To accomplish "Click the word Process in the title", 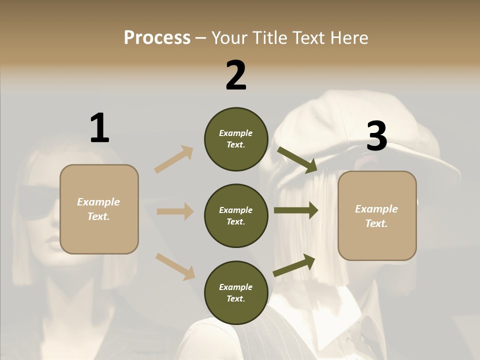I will tap(157, 38).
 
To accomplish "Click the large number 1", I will tap(99, 128).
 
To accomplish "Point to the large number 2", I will tap(236, 75).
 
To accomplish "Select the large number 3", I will tap(376, 136).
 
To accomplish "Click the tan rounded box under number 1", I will tap(99, 209).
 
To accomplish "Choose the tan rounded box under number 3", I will tap(377, 216).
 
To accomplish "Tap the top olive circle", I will tap(236, 139).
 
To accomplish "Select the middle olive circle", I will tap(236, 216).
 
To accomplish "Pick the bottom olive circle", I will tap(236, 293).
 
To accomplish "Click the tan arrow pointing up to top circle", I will tap(174, 159).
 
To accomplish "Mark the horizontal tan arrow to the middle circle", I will tap(175, 211).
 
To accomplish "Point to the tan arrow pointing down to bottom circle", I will tap(175, 266).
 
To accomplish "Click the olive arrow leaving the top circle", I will tap(297, 159).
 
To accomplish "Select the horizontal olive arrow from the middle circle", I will tap(296, 210).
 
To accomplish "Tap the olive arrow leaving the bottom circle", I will tap(294, 265).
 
